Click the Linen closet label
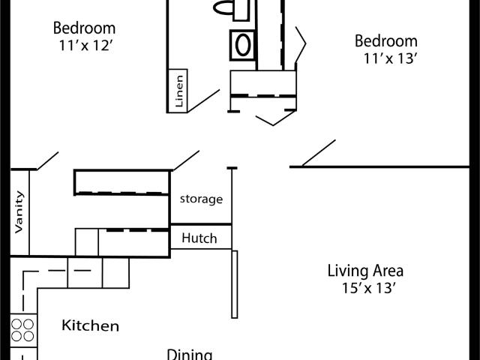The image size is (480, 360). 178,91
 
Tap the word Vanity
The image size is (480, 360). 19,212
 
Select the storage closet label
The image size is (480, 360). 201,199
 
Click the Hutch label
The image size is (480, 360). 199,238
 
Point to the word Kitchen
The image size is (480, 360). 90,325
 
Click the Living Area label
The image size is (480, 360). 366,271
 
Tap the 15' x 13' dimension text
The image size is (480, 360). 366,288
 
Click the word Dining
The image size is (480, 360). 189,354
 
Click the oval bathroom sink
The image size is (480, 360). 243,43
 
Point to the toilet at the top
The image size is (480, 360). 232,8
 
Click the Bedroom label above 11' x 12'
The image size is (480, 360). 84,28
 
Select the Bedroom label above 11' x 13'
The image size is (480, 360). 385,40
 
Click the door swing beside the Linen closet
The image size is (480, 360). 203,101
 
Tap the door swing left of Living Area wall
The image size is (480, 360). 318,153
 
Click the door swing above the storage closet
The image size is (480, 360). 186,160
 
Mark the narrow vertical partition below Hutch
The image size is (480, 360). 235,284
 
